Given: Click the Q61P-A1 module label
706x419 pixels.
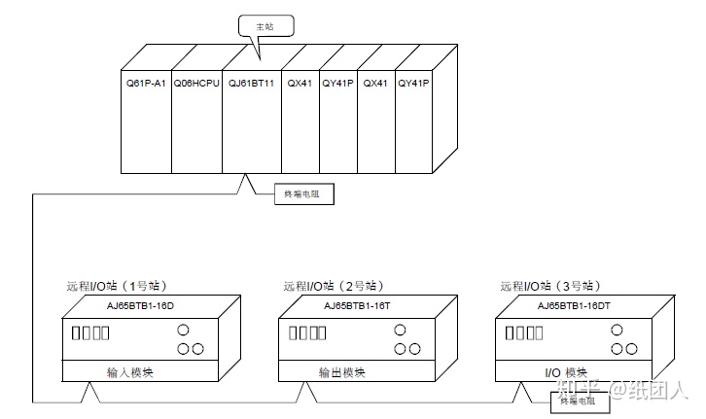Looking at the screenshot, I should (146, 84).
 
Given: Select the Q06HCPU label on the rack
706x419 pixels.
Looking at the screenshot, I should (196, 84).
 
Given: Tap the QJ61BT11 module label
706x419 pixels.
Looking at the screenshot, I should (251, 84).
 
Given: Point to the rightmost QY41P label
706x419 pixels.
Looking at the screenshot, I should (414, 84).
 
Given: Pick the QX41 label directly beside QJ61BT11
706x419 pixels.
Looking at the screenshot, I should (299, 84).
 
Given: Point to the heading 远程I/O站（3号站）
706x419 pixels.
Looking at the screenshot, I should (549, 287).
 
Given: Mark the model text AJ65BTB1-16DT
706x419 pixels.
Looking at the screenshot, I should (575, 305).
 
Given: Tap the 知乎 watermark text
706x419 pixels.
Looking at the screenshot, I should (577, 391).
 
